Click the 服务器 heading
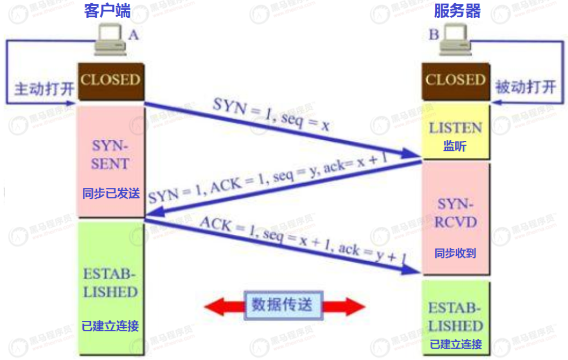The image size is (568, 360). (457, 11)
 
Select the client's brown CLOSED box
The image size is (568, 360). (110, 81)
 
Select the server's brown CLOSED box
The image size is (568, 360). (456, 81)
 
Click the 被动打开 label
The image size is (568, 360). (525, 88)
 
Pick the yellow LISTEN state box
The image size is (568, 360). (455, 131)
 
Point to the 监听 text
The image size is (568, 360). (455, 146)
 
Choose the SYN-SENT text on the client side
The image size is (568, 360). (110, 154)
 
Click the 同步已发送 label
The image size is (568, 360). (111, 193)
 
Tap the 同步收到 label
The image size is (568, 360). (455, 253)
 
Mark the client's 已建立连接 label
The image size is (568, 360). (110, 326)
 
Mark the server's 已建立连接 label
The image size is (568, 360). (456, 344)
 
